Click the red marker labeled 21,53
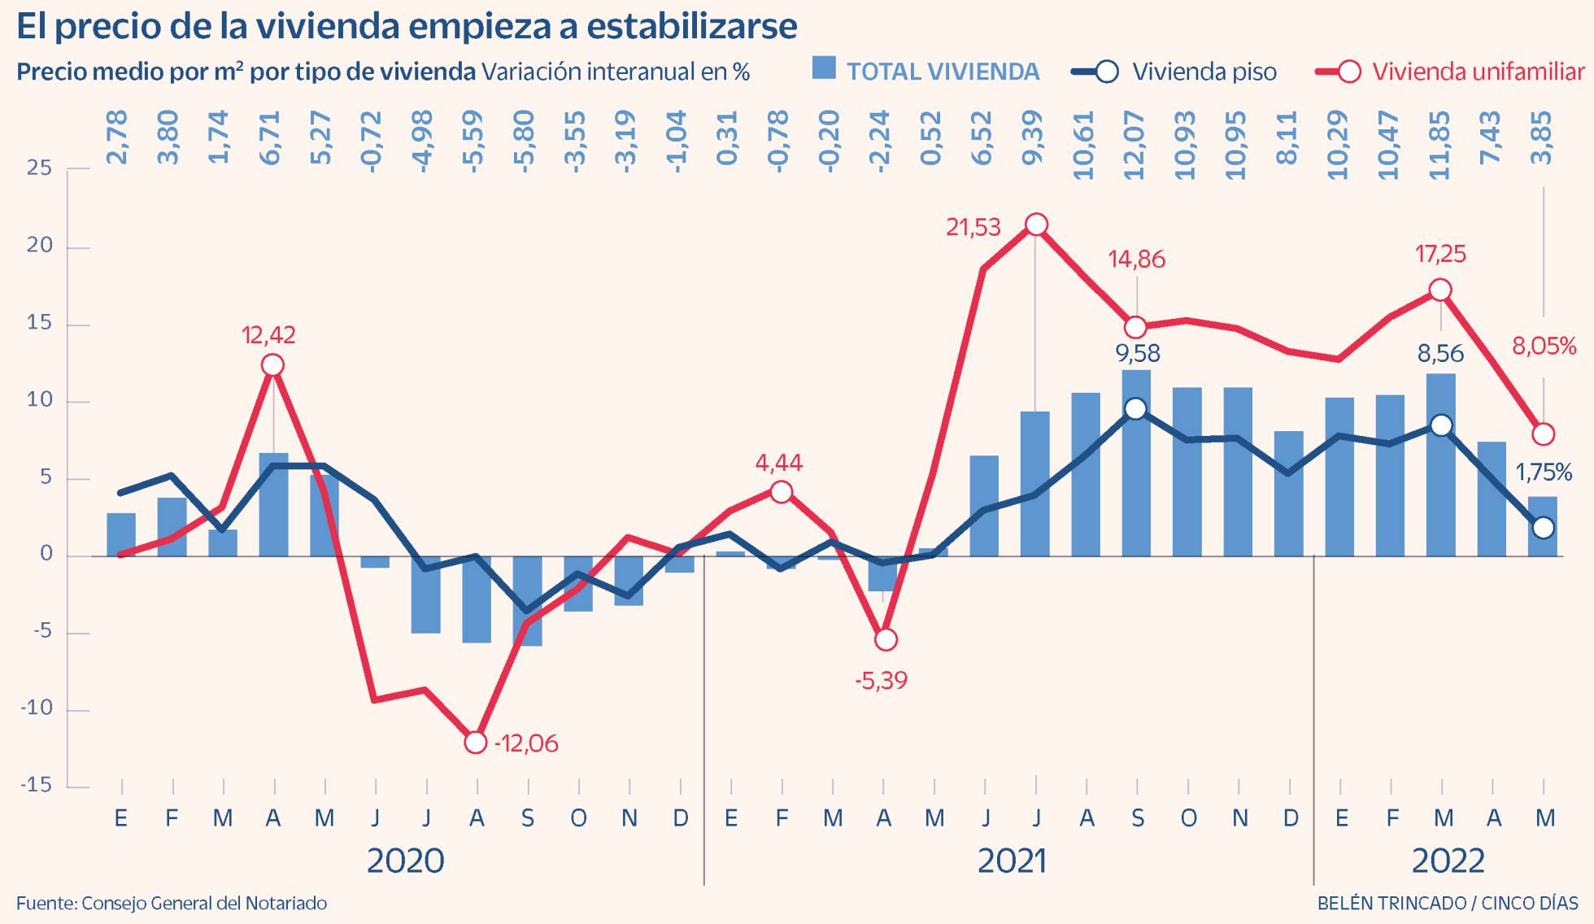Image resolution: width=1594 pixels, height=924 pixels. [x=1036, y=224]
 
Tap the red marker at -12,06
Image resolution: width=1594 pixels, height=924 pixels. [x=476, y=743]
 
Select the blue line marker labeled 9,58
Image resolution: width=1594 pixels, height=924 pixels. [x=1136, y=409]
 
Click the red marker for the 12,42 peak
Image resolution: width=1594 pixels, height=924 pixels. [x=273, y=365]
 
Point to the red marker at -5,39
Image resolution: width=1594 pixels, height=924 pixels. [x=885, y=639]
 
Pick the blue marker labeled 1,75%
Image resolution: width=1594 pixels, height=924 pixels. [x=1543, y=527]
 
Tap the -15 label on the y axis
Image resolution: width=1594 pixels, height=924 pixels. [x=36, y=786]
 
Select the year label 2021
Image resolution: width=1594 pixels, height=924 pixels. [x=1011, y=861]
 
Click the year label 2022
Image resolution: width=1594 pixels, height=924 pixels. [x=1448, y=861]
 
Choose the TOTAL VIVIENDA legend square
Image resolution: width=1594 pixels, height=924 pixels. [x=824, y=68]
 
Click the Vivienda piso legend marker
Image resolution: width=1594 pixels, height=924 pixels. [x=1106, y=72]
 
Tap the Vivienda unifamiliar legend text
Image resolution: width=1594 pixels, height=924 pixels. [x=1479, y=72]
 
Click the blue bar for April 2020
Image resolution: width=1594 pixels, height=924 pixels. [x=273, y=504]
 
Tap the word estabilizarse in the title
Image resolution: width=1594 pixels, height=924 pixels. [x=691, y=26]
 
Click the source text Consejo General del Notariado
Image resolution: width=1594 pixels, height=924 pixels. [x=204, y=904]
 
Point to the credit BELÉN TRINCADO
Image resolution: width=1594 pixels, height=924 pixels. [x=1391, y=904]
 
